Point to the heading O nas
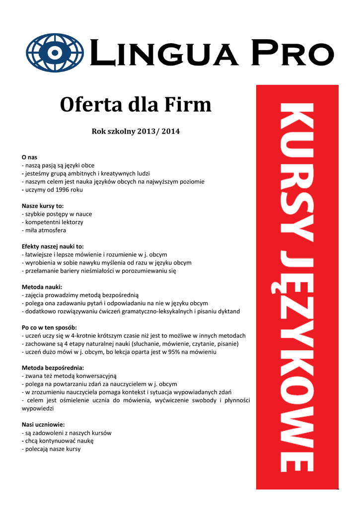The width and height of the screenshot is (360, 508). click(x=30, y=157)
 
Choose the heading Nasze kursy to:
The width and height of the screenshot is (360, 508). click(x=43, y=206)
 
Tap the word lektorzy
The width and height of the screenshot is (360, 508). click(x=71, y=222)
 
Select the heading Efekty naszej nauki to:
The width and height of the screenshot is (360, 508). click(x=53, y=247)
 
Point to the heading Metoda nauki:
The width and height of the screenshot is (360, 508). click(x=42, y=287)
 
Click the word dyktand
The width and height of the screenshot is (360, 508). click(x=228, y=311)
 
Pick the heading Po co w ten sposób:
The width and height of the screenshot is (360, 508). click(x=49, y=327)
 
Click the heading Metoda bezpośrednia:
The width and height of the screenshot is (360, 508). click(x=53, y=368)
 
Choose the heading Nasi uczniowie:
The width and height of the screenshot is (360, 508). click(x=43, y=425)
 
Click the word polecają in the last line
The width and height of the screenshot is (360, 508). click(x=37, y=449)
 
